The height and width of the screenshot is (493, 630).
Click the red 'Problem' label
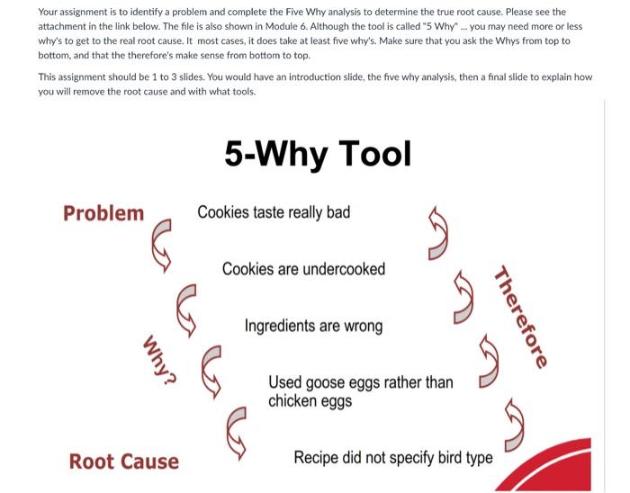point(103,213)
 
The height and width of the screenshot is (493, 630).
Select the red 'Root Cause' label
point(123,462)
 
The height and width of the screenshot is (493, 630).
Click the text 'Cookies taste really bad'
point(274,212)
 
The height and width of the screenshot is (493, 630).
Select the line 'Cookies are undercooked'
point(303,269)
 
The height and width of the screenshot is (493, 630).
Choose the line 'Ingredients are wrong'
point(313,326)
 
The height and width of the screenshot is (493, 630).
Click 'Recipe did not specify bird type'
point(393,458)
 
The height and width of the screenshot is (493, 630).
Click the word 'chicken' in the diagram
point(297,400)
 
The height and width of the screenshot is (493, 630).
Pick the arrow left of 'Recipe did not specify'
point(240,428)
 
